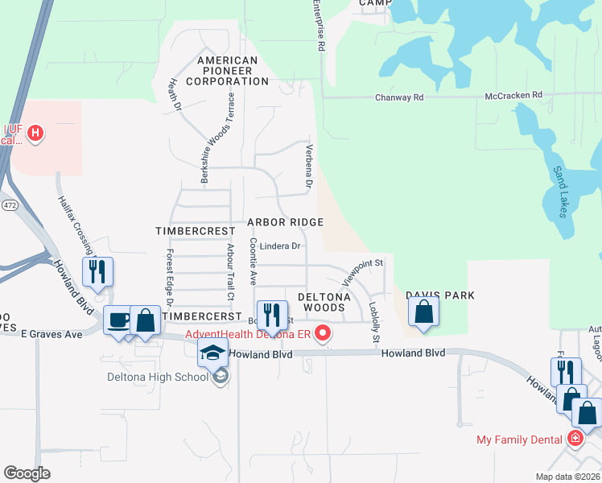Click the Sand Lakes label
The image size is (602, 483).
(560, 192)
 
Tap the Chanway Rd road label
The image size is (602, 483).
(399, 97)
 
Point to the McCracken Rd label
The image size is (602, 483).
(513, 97)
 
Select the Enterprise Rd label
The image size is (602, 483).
(320, 27)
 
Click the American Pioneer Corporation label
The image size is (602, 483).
(228, 71)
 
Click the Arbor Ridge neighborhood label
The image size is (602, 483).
(285, 222)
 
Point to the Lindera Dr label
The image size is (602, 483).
(279, 246)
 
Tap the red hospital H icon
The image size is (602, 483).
(35, 133)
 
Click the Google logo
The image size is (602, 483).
(28, 473)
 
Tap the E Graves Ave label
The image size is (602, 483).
(52, 332)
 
